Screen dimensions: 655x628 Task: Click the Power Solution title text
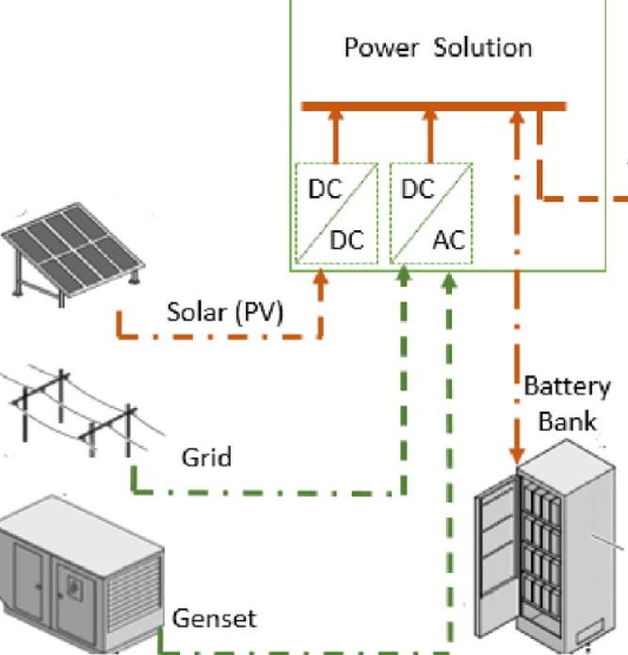(x=438, y=47)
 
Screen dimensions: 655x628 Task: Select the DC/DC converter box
(x=336, y=213)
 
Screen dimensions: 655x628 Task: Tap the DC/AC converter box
(x=431, y=213)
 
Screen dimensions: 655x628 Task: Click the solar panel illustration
(x=73, y=249)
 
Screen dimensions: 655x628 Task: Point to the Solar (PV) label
(x=224, y=310)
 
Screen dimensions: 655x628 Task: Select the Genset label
(x=214, y=618)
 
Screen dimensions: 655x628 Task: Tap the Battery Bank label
(x=567, y=402)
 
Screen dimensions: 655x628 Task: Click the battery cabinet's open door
(x=497, y=565)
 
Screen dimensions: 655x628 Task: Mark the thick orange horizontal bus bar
(x=433, y=106)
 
